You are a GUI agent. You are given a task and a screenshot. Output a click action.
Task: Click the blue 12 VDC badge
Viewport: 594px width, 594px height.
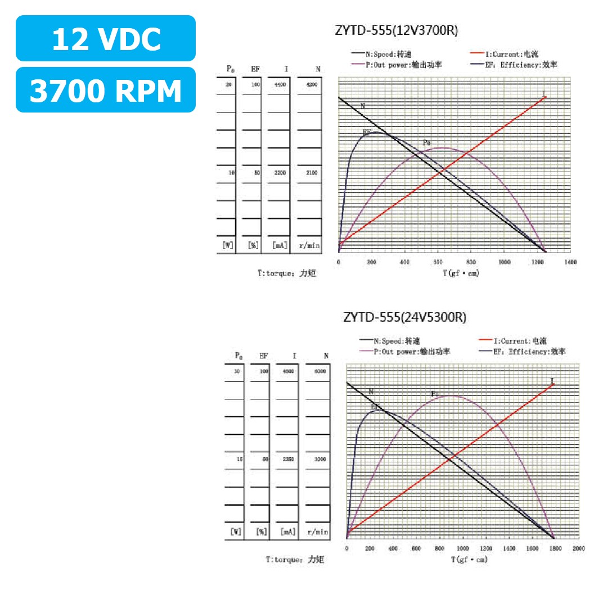[x=106, y=39]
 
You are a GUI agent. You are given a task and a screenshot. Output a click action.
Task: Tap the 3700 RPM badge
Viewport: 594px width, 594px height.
[x=106, y=90]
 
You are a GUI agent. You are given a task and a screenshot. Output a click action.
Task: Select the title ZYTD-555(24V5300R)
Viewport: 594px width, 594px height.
[x=404, y=318]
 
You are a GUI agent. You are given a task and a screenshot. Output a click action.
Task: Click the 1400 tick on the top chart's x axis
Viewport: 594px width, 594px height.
[x=570, y=263]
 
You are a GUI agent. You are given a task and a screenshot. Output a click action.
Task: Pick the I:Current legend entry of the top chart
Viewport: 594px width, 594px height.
[x=503, y=55]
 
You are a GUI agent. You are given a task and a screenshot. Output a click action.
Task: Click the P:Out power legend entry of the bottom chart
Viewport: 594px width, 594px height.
[x=404, y=352]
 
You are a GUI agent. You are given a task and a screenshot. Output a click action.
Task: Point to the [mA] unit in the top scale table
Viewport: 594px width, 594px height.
[x=280, y=246]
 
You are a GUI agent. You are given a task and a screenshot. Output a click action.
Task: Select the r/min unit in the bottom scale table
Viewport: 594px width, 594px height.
[x=318, y=532]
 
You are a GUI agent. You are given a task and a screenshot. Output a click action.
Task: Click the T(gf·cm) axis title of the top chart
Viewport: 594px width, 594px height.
[x=461, y=273]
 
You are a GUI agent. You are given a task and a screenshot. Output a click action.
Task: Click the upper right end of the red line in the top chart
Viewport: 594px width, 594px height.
[x=544, y=97]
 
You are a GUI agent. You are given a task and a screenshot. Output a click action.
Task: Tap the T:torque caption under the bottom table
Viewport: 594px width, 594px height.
[x=295, y=560]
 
